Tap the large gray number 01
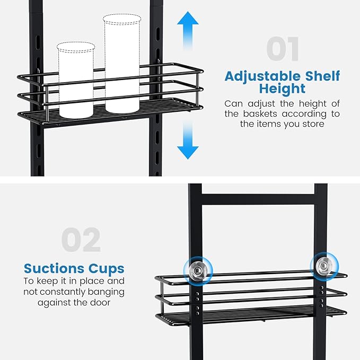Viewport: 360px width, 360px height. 282,49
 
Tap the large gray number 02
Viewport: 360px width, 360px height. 81,241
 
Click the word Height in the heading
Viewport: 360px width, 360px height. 282,89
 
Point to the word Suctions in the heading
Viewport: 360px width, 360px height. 52,268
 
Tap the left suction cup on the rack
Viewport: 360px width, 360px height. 197,269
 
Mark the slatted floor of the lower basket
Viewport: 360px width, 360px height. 249,317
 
